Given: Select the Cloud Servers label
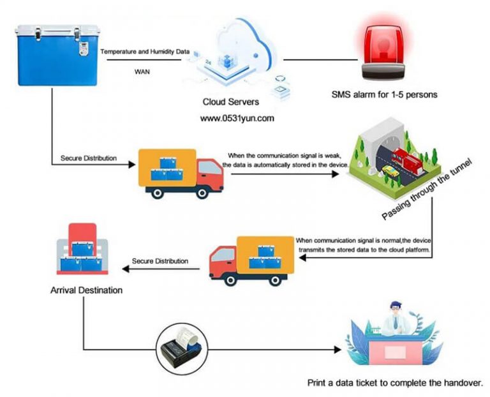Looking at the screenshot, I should pyautogui.click(x=229, y=101).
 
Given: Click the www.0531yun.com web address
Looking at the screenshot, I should pyautogui.click(x=237, y=118).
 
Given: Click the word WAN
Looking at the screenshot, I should pyautogui.click(x=142, y=71).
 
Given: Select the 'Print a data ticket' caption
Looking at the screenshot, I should pyautogui.click(x=394, y=383).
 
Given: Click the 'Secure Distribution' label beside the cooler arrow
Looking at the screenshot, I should pyautogui.click(x=89, y=158).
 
